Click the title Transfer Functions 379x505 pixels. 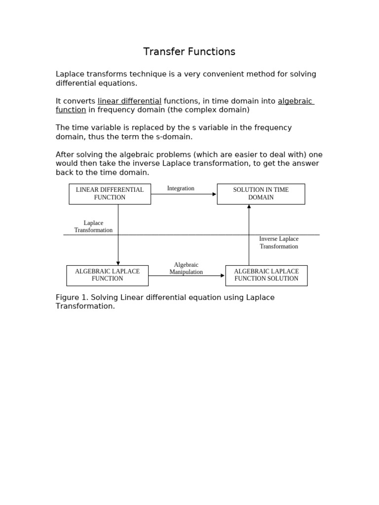pos(189,52)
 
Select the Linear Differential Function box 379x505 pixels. pos(110,194)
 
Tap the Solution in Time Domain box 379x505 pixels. pos(261,194)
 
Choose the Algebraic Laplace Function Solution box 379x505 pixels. pos(266,275)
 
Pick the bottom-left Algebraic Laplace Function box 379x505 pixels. pos(107,275)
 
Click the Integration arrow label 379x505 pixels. pos(181,188)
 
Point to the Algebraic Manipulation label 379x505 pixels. pos(186,268)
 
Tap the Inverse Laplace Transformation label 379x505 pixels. pos(279,243)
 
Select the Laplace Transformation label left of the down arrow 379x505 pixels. pos(93,226)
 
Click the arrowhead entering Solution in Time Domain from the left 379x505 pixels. pos(214,194)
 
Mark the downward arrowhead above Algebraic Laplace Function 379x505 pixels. pos(118,263)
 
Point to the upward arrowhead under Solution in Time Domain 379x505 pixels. pos(249,207)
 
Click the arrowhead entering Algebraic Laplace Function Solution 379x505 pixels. pos(223,276)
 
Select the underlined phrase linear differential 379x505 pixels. pos(129,101)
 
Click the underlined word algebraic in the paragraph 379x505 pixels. pos(295,101)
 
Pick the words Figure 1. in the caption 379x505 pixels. pos(71,297)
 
